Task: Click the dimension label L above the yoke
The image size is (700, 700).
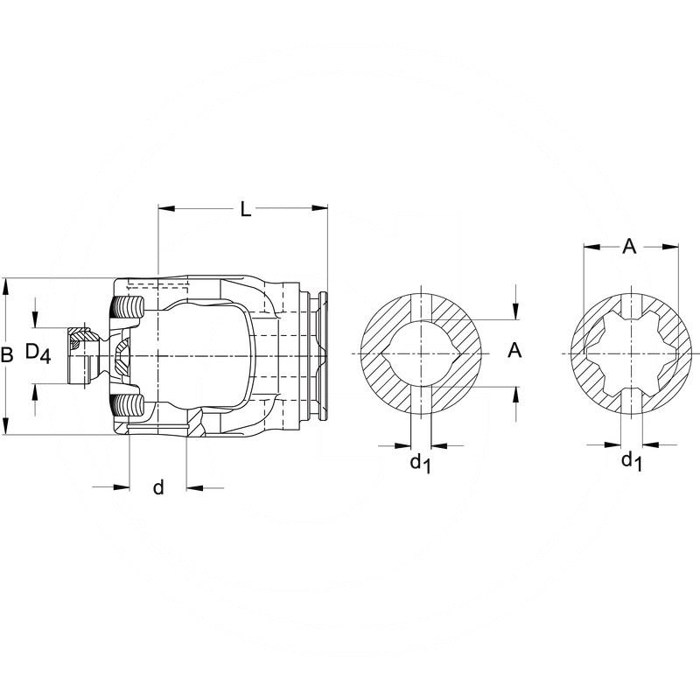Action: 246,209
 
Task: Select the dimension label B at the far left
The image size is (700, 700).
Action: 7,355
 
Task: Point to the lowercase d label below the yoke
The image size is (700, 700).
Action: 158,488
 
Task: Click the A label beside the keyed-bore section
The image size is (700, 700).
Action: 515,351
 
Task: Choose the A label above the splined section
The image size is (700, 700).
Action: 628,248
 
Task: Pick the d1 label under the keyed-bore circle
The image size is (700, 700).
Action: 420,462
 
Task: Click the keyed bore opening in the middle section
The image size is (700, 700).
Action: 422,353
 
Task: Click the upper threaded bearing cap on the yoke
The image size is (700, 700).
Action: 129,309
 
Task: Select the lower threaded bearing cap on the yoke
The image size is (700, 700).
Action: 129,405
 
